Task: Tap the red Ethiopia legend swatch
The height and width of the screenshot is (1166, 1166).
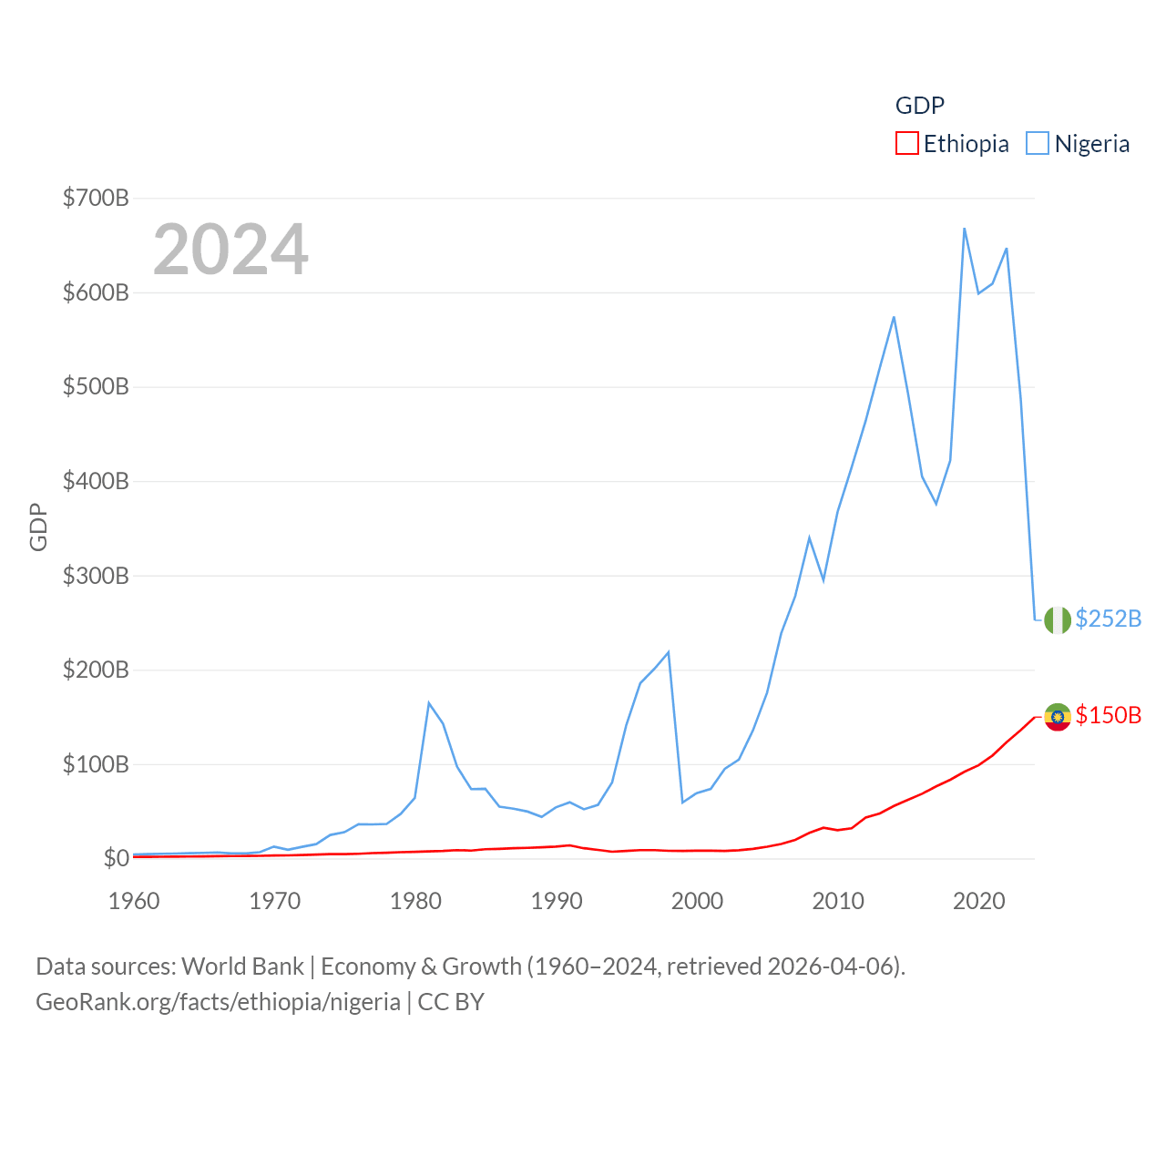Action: pyautogui.click(x=907, y=144)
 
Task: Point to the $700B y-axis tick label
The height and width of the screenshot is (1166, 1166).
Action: pyautogui.click(x=96, y=198)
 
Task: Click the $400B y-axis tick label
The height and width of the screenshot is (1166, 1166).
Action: pyautogui.click(x=96, y=481)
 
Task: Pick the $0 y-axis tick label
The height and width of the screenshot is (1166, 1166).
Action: pyautogui.click(x=116, y=858)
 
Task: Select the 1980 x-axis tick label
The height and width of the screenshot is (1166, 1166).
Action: pyautogui.click(x=415, y=902)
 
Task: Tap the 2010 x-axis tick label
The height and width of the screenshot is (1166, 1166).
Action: pyautogui.click(x=838, y=902)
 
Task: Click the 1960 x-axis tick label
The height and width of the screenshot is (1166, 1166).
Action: pyautogui.click(x=134, y=902)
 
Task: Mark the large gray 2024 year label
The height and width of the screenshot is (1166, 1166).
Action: pyautogui.click(x=230, y=250)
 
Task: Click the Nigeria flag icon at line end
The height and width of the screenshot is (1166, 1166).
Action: pyautogui.click(x=1058, y=619)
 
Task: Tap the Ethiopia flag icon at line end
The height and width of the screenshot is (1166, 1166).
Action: pyautogui.click(x=1058, y=717)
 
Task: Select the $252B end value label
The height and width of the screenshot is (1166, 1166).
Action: pyautogui.click(x=1109, y=619)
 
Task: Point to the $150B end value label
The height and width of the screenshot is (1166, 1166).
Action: pyautogui.click(x=1109, y=715)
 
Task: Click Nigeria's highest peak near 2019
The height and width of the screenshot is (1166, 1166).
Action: pyautogui.click(x=964, y=229)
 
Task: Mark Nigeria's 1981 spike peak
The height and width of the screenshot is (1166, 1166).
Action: pyautogui.click(x=428, y=702)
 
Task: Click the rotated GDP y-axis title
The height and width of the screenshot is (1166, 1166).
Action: pyautogui.click(x=38, y=527)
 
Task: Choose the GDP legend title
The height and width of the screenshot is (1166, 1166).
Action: pyautogui.click(x=920, y=106)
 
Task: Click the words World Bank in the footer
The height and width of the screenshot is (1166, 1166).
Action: pyautogui.click(x=242, y=966)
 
